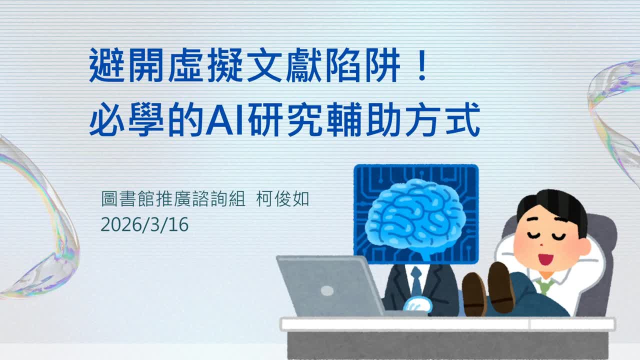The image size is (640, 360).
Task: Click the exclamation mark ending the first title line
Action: [422, 65]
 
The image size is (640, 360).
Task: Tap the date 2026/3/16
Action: [144, 224]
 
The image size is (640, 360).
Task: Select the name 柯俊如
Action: [283, 199]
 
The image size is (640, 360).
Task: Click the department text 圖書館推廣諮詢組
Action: [173, 199]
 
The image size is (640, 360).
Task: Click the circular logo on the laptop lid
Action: [327, 291]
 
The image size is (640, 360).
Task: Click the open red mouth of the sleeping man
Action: [545, 259]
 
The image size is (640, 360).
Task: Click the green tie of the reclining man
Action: [545, 285]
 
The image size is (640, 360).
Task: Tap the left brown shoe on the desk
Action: [474, 294]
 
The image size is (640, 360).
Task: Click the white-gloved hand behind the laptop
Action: [419, 304]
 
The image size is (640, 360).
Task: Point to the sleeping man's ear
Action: [584, 247]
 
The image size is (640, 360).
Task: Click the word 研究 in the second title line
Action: [285, 120]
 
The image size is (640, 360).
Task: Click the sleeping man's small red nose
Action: [541, 245]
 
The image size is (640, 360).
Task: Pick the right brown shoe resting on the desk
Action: [501, 287]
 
